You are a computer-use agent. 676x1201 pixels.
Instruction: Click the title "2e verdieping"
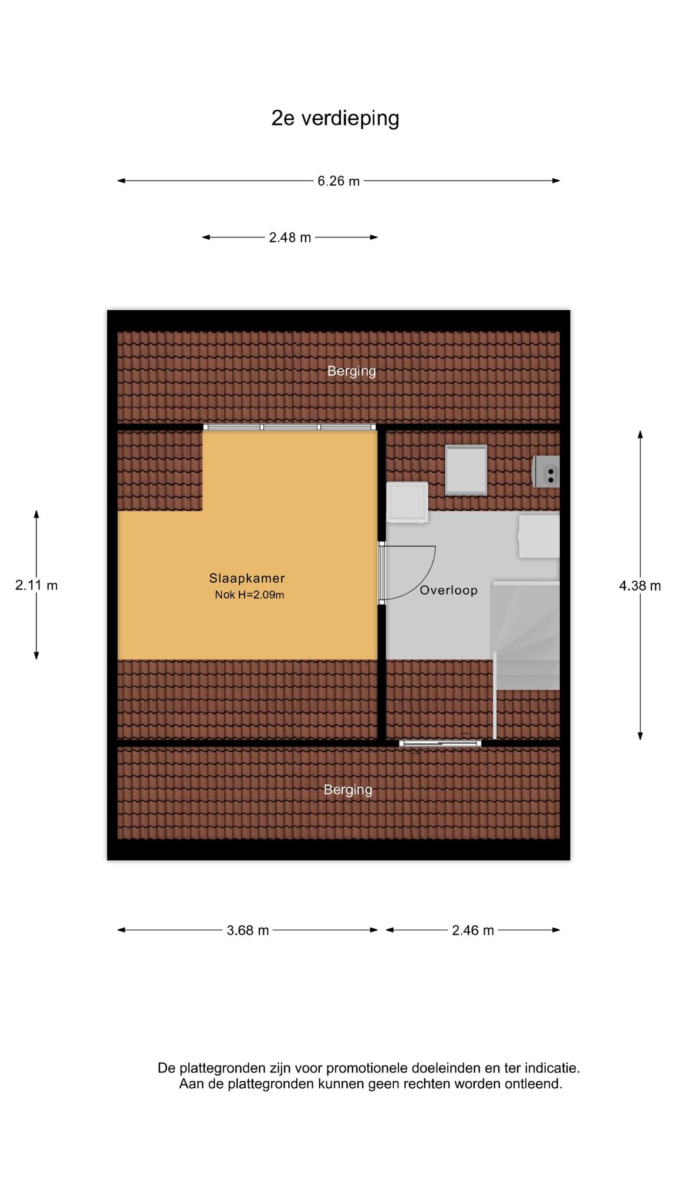[335, 118]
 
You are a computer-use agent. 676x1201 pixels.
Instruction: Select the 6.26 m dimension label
[339, 181]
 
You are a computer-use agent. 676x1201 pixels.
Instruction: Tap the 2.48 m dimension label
[290, 238]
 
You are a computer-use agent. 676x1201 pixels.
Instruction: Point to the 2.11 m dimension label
[36, 585]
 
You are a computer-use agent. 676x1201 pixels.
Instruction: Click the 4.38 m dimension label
[640, 585]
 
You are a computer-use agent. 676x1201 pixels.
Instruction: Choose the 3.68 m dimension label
[248, 930]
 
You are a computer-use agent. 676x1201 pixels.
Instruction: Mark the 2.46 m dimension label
[473, 930]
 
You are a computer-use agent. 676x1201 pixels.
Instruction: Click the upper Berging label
[351, 371]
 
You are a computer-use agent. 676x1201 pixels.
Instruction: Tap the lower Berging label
[348, 790]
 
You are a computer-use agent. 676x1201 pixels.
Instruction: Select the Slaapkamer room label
[247, 578]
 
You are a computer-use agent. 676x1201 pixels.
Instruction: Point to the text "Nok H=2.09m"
[249, 595]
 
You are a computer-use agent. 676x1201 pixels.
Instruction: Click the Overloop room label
[448, 591]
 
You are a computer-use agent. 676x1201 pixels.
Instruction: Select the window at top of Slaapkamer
[290, 427]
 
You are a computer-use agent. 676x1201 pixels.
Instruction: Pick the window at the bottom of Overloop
[440, 744]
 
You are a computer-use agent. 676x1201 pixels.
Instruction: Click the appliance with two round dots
[546, 471]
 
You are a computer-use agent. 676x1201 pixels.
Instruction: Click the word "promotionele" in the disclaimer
[367, 1068]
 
